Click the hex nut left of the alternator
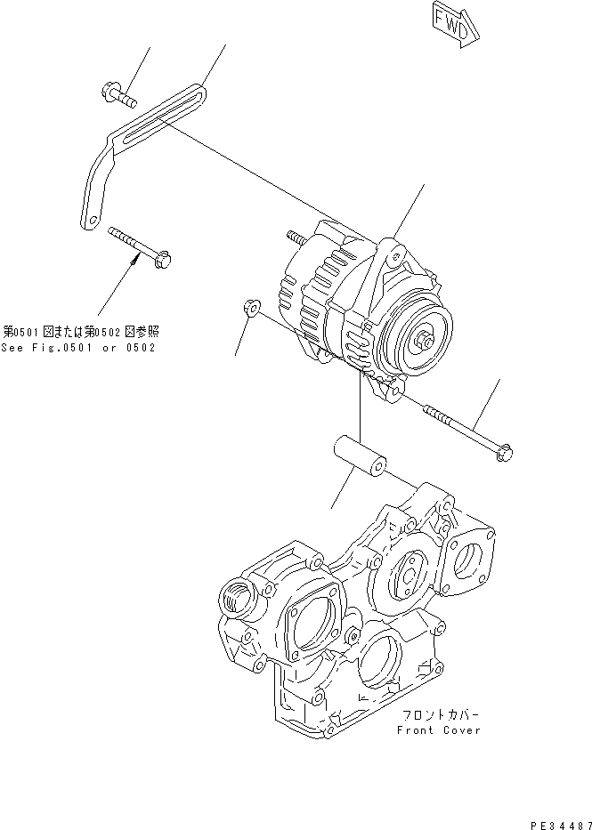[x=250, y=308]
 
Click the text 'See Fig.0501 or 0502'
[x=78, y=347]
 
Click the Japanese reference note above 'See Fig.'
[x=84, y=331]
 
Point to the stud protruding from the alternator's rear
[x=296, y=237]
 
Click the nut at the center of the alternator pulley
[x=423, y=339]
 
